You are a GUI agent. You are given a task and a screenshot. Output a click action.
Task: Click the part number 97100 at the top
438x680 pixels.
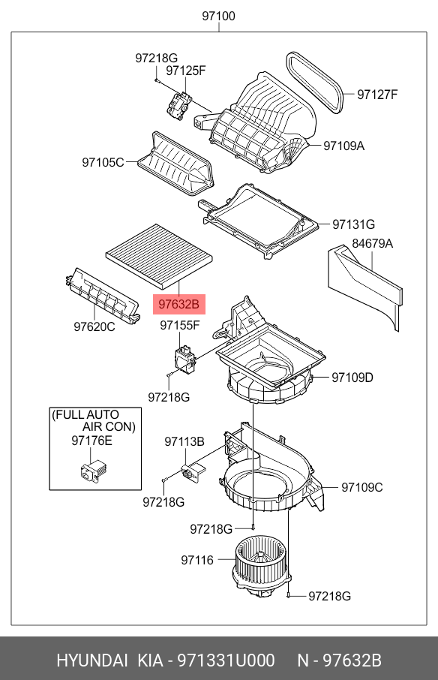218,15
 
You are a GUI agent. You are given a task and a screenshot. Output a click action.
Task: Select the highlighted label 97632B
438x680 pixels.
178,304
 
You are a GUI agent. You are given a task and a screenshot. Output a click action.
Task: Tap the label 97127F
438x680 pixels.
377,94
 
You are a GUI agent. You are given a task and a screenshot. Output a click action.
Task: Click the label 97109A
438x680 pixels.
343,146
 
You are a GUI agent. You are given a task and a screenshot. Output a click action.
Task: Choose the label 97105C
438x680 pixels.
103,161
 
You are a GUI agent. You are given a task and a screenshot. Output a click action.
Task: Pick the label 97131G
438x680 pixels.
353,224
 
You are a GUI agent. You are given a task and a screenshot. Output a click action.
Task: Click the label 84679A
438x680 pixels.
373,243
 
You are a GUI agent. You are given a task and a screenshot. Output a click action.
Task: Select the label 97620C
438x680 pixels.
94,326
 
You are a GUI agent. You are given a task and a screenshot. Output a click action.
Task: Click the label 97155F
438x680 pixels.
179,325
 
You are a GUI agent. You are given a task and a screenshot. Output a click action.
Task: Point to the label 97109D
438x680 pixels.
352,378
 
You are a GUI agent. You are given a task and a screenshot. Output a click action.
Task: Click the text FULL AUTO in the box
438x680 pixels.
86,414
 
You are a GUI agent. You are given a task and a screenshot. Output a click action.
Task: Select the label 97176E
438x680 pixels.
91,441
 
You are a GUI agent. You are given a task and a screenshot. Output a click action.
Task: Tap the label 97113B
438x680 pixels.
184,441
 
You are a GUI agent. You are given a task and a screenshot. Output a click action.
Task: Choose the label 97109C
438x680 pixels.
362,487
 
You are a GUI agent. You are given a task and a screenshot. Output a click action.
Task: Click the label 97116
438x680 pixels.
197,560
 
